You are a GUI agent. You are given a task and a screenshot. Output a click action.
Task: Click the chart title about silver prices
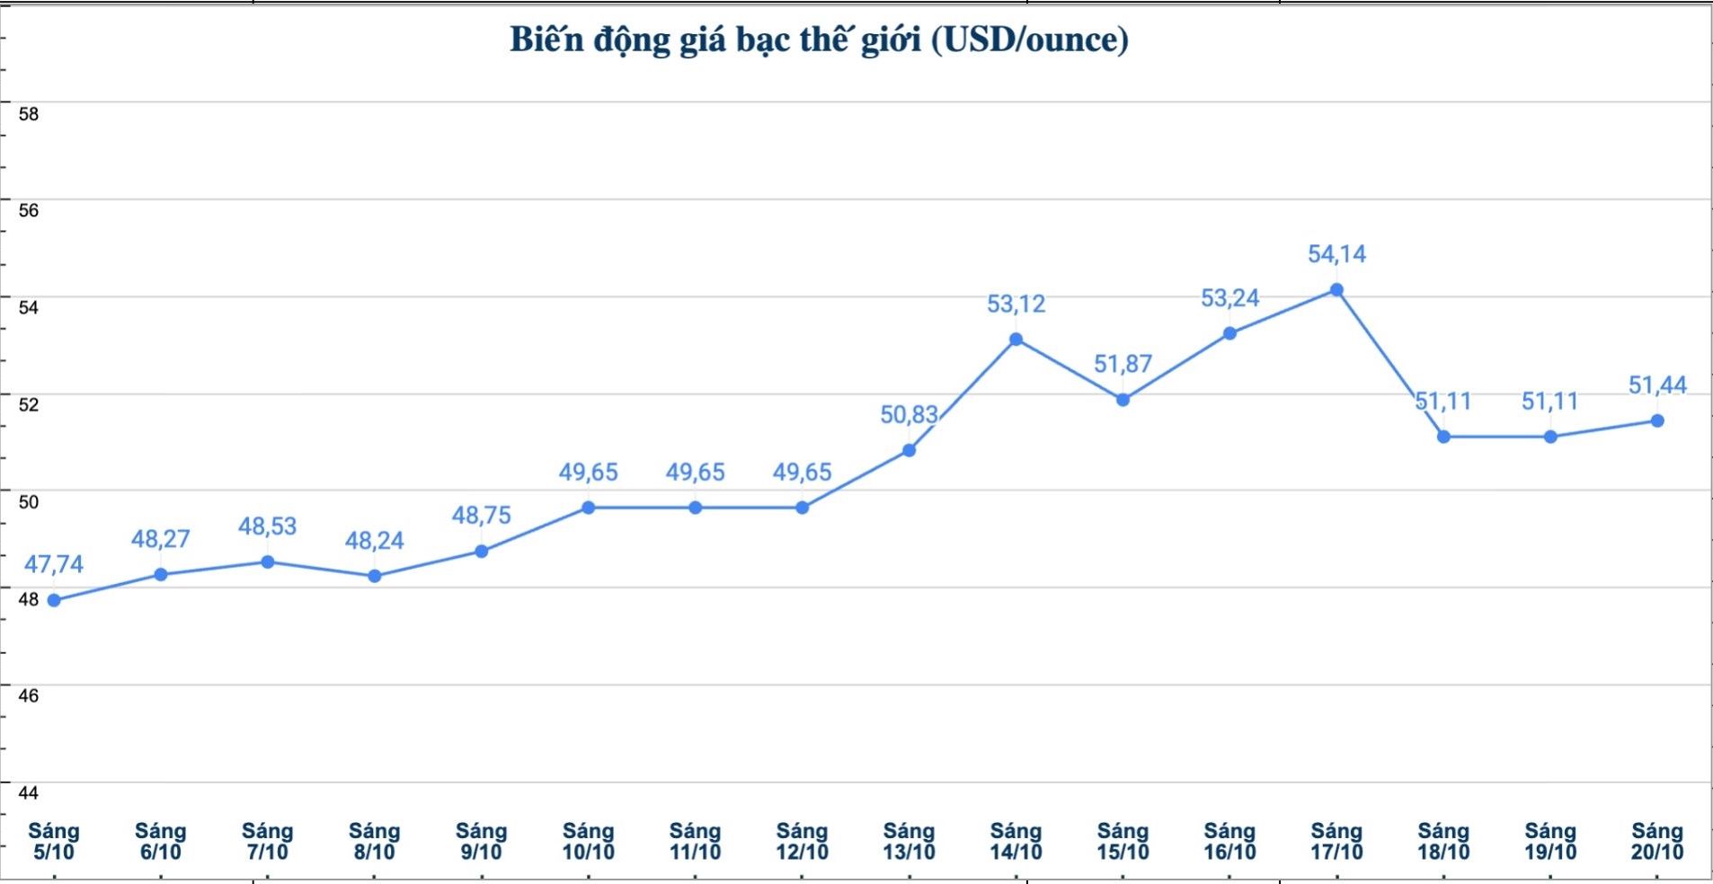tap(819, 40)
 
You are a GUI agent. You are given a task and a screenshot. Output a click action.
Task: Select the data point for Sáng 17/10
tap(1336, 290)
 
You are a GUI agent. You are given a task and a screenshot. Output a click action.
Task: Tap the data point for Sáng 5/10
tap(54, 600)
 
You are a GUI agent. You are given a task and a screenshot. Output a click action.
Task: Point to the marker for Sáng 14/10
tap(1016, 340)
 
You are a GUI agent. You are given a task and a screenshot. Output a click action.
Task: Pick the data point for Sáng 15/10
tap(1123, 400)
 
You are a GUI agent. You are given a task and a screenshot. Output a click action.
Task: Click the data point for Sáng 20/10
tap(1657, 421)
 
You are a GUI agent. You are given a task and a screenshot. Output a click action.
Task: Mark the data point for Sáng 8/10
tap(375, 576)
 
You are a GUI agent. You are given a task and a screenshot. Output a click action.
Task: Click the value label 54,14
tap(1336, 254)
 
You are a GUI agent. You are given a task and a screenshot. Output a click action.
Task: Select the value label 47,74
tap(54, 564)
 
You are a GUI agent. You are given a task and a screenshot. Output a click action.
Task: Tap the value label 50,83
tap(909, 414)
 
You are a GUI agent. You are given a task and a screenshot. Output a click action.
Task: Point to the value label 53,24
tap(1229, 297)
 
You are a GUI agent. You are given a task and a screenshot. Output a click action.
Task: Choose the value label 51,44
tap(1657, 385)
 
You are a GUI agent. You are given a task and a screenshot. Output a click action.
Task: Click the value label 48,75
tap(481, 515)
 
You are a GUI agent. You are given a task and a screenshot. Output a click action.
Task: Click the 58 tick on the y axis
tap(29, 114)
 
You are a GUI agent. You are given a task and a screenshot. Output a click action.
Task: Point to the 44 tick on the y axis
tap(29, 792)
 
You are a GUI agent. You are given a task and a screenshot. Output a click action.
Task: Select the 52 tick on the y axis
tap(29, 404)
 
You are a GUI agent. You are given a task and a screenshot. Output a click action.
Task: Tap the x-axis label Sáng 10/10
tap(588, 841)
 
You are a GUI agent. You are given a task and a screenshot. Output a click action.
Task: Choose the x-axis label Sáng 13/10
tap(909, 841)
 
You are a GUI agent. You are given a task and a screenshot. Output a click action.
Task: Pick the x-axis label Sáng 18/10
tap(1443, 841)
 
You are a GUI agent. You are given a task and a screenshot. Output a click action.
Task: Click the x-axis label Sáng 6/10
tap(160, 841)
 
